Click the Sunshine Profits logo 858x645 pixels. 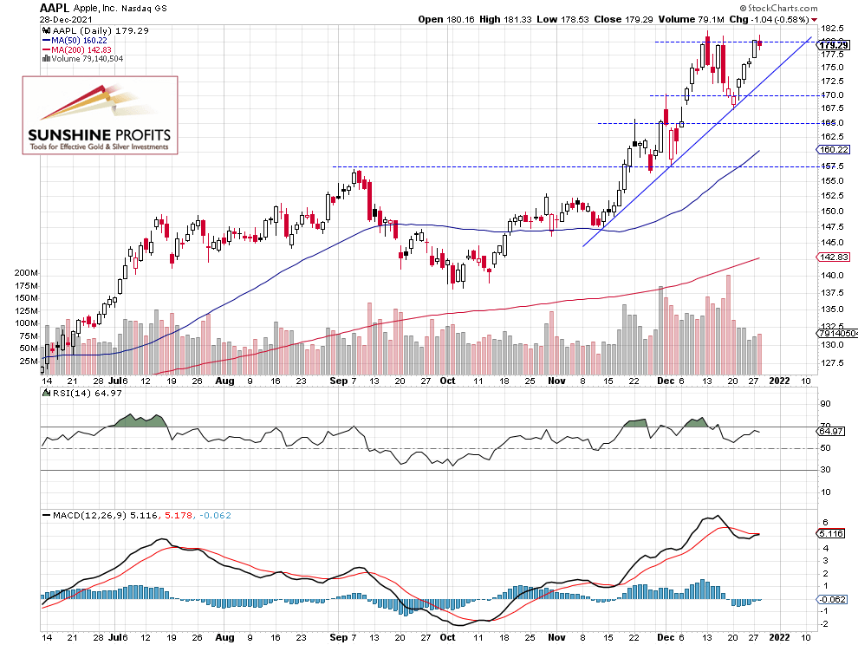tap(100, 115)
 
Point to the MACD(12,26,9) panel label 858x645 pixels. tap(87, 515)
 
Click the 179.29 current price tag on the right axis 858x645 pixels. tap(833, 46)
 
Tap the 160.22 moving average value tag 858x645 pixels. tap(833, 148)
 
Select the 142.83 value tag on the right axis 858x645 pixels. tap(833, 257)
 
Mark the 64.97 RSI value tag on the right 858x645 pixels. tap(833, 431)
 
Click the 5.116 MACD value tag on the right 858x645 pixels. tap(833, 534)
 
